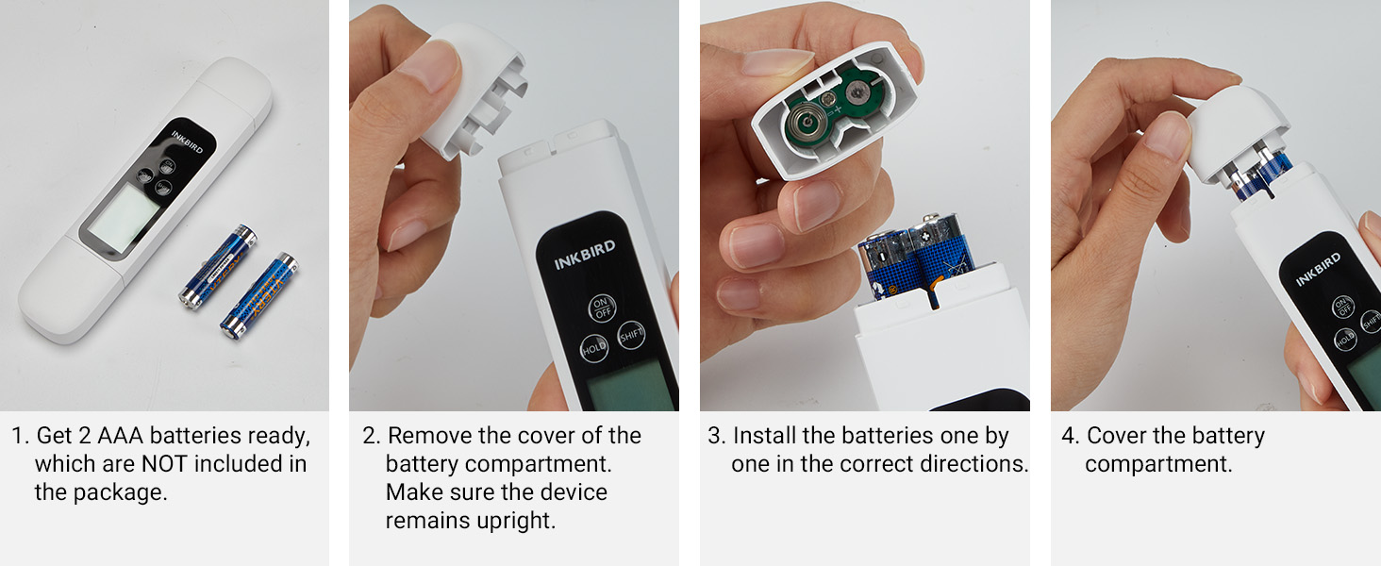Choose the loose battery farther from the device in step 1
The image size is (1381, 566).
point(260,294)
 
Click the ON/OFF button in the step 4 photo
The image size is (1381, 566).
point(1342,306)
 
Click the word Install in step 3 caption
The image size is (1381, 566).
point(765,436)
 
